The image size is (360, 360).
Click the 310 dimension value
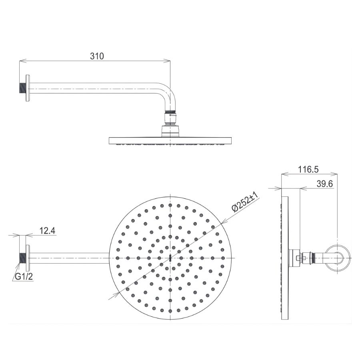pyautogui.click(x=96, y=56)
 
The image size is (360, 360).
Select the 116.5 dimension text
pyautogui.click(x=308, y=170)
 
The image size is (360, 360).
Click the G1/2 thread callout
pyautogui.click(x=24, y=276)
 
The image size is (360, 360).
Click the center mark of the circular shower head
pyautogui.click(x=171, y=258)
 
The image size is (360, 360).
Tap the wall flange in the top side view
pyautogui.click(x=28, y=88)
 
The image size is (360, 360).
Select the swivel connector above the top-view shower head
pyautogui.click(x=171, y=118)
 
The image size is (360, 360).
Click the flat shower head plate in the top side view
pyautogui.click(x=171, y=140)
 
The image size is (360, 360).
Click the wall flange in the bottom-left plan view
pyautogui.click(x=28, y=258)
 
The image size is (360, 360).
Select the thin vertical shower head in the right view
pyautogui.click(x=285, y=258)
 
